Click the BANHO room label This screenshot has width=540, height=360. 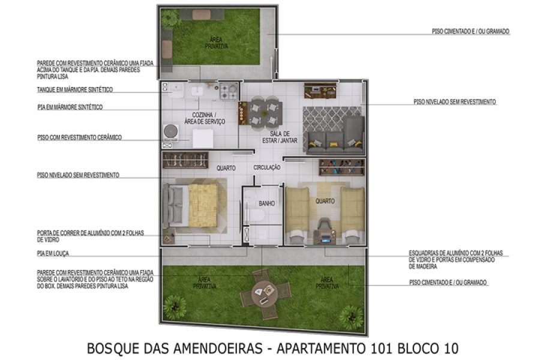pos(266,203)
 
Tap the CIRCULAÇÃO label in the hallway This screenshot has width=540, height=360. pos(267,168)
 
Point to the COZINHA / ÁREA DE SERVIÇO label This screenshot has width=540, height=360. pos(208,118)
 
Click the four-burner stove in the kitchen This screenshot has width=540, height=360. pos(228,91)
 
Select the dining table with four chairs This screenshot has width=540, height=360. pos(261,112)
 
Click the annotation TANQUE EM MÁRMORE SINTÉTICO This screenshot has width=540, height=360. pos(74,90)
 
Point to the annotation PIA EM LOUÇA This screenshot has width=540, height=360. pos(53,253)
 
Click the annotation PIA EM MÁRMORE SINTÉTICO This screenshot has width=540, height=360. pos(70,107)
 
